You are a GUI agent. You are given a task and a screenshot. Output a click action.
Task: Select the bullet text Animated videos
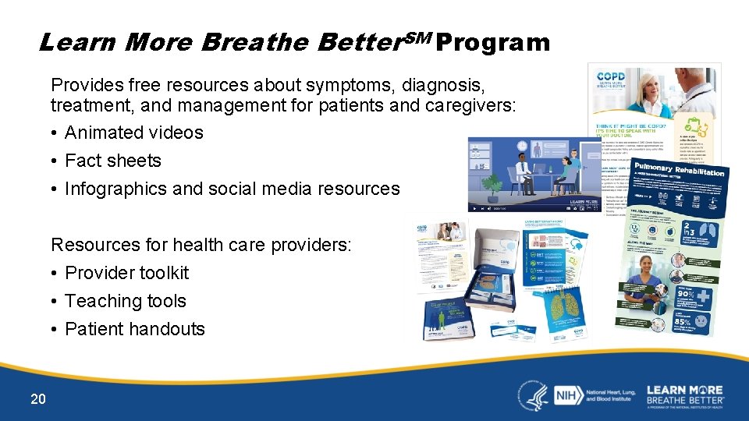click(x=133, y=133)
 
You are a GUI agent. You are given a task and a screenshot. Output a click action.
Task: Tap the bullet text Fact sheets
click(x=112, y=161)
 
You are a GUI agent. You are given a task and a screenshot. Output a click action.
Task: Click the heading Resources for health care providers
click(x=201, y=245)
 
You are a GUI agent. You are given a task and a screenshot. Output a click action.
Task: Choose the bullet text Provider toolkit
click(x=126, y=273)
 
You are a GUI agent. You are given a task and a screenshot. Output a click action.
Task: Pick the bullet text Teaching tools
click(x=125, y=301)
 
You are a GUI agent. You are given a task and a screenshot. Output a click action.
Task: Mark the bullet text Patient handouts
click(x=134, y=329)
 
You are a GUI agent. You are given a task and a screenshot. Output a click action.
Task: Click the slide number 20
click(x=38, y=399)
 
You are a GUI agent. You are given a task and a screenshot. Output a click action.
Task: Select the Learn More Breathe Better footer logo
click(x=684, y=395)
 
